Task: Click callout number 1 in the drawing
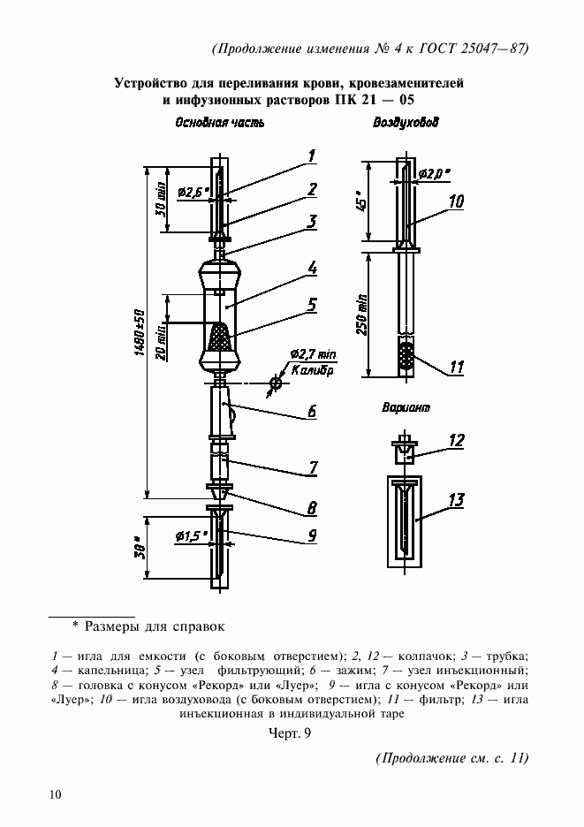pos(312,156)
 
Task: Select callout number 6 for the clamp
pos(312,411)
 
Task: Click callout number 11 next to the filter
pos(456,367)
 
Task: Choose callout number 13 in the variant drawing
pos(456,501)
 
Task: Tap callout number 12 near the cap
pos(456,440)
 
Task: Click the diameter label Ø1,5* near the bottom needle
pos(191,536)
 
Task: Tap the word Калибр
pos(310,371)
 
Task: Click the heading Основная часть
pos(217,124)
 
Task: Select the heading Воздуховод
pos(406,124)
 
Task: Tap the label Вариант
pos(407,408)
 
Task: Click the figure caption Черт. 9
pos(291,732)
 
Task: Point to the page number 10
pos(56,794)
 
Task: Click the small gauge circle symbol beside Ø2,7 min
pos(276,383)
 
